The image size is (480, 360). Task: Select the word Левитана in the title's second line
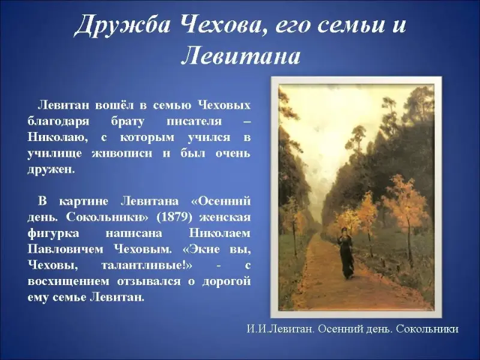coord(241,56)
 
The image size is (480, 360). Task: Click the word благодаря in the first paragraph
coord(58,122)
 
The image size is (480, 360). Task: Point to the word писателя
coord(194,121)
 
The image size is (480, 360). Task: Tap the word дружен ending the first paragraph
coord(51,169)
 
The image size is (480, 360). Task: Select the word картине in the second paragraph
coord(83,202)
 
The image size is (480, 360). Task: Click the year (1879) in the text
coord(174,217)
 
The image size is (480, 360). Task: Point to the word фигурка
coord(53,233)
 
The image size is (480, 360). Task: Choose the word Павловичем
coord(65,249)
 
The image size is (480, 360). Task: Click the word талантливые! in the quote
coord(146,265)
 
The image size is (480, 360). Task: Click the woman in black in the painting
coord(346,253)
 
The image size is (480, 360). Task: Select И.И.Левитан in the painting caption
coord(280,329)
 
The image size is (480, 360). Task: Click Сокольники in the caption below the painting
coord(427,329)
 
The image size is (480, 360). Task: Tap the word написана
coord(134,233)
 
